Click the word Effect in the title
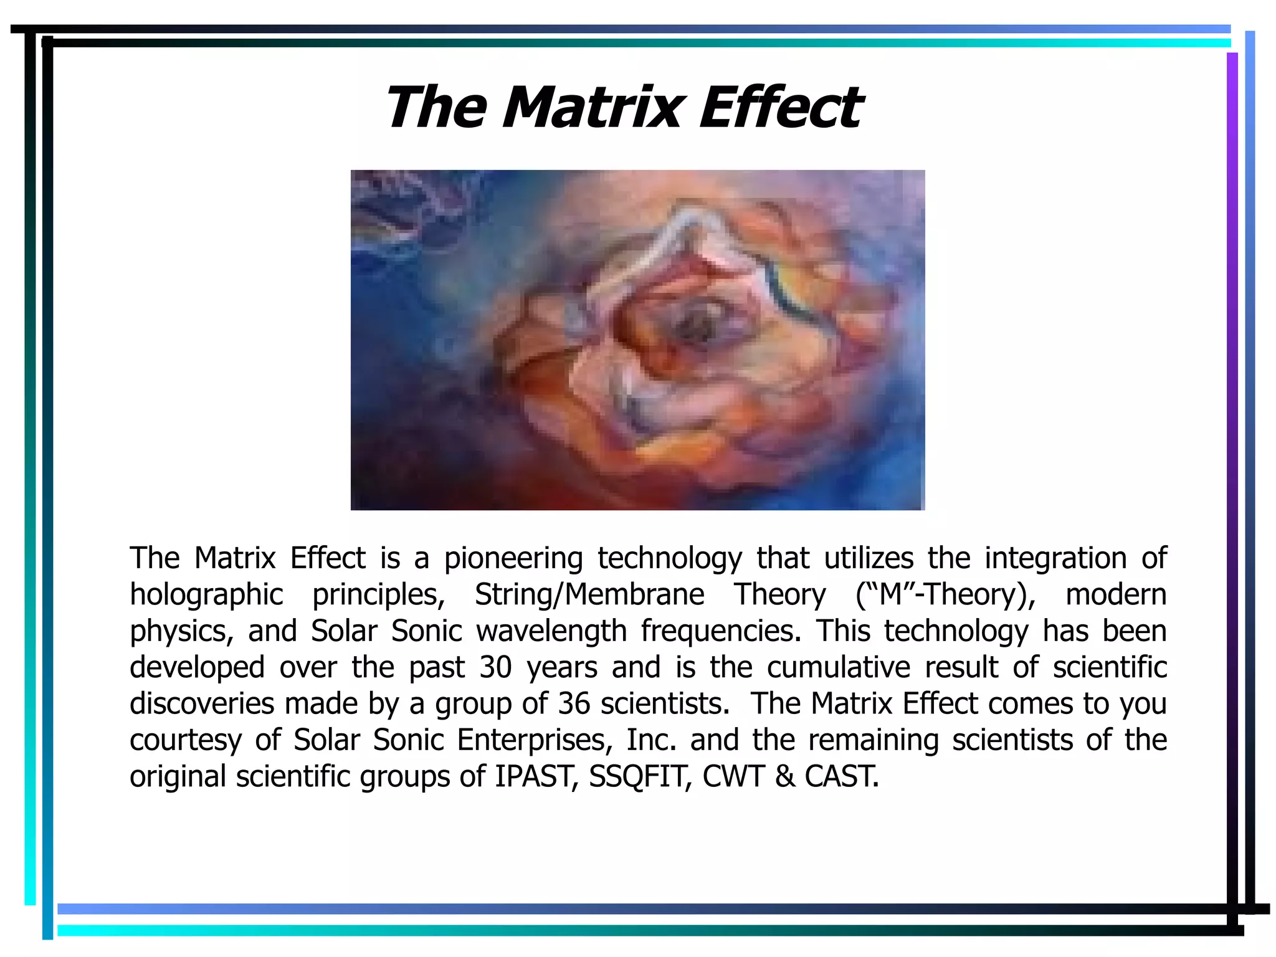pyautogui.click(x=781, y=107)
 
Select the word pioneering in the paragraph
pyautogui.click(x=513, y=558)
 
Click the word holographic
pyautogui.click(x=206, y=594)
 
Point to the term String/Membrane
pyautogui.click(x=589, y=594)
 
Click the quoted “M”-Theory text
pyautogui.click(x=945, y=594)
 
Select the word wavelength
pyautogui.click(x=551, y=631)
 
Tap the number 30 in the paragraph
pyautogui.click(x=495, y=667)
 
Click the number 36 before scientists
pyautogui.click(x=574, y=703)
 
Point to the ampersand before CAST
pyautogui.click(x=785, y=776)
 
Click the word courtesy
pyautogui.click(x=185, y=740)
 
